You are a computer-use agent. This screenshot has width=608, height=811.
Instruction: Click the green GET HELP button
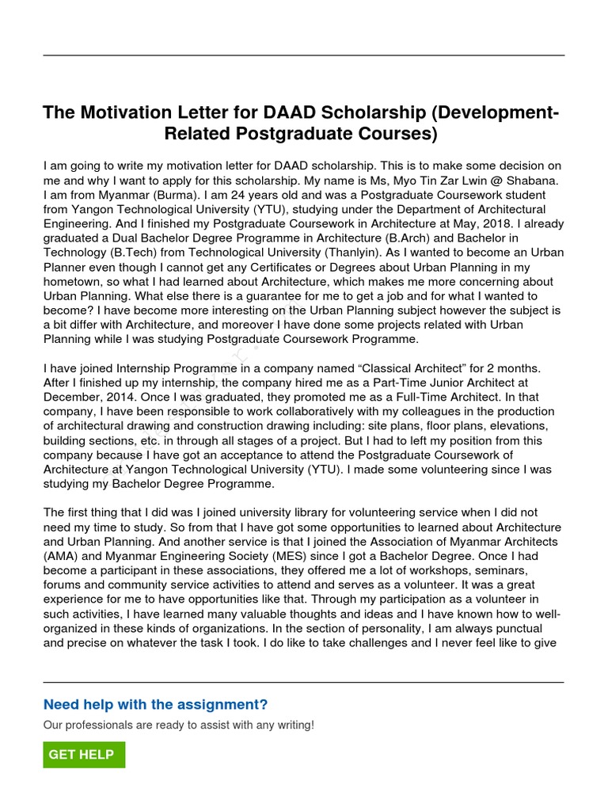coord(83,755)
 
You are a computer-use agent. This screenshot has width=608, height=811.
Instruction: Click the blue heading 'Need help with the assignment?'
coord(155,704)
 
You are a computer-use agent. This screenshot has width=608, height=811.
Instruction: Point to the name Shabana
coord(532,180)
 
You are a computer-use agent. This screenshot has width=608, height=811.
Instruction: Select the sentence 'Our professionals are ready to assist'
coord(178,725)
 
